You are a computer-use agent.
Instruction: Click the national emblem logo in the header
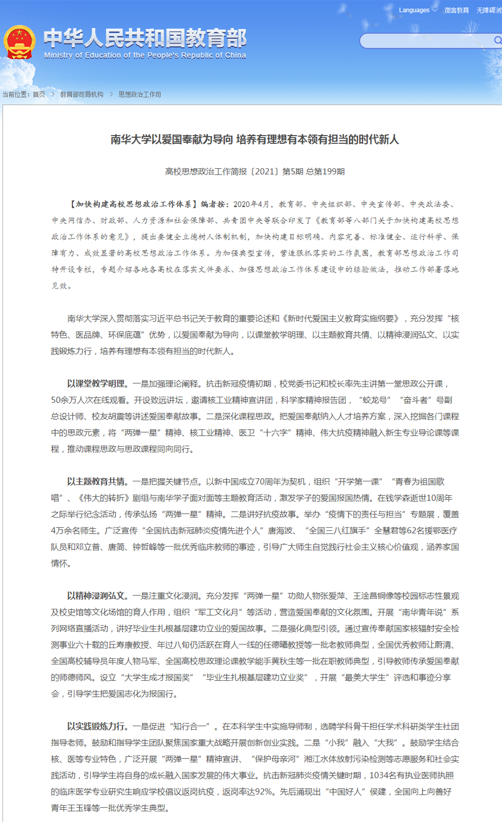tap(19, 42)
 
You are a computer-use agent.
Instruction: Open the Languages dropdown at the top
tap(417, 10)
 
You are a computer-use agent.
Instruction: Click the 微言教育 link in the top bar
tap(456, 10)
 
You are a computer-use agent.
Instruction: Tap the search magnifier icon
tap(497, 40)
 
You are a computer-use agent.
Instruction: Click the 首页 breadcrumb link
tap(39, 94)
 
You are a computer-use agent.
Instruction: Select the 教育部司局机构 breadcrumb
tap(82, 94)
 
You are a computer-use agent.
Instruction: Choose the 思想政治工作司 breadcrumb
tap(140, 94)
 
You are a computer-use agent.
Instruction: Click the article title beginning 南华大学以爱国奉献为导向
tap(255, 139)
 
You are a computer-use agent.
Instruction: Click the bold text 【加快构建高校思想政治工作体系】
tap(132, 204)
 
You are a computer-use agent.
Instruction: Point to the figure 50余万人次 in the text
tap(75, 400)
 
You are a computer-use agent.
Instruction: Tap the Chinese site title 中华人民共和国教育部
tap(145, 38)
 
